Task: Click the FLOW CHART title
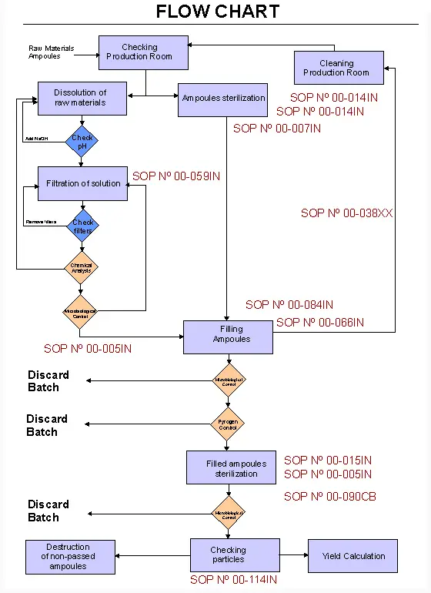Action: pyautogui.click(x=218, y=12)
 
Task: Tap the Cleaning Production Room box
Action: pyautogui.click(x=338, y=68)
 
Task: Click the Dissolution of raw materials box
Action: pyautogui.click(x=82, y=98)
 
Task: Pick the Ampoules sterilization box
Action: pyautogui.click(x=223, y=99)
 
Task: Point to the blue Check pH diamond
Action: pyautogui.click(x=82, y=142)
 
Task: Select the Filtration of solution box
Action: pyautogui.click(x=83, y=184)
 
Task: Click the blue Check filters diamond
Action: pyautogui.click(x=82, y=226)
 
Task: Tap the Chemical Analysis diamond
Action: pyautogui.click(x=82, y=268)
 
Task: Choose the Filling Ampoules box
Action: pyautogui.click(x=228, y=337)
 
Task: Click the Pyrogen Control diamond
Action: pyautogui.click(x=229, y=424)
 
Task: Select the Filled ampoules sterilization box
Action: pyautogui.click(x=231, y=468)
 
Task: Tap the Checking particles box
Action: pyautogui.click(x=229, y=555)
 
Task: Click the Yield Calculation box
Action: pyautogui.click(x=354, y=555)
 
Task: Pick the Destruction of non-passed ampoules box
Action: pyautogui.click(x=69, y=556)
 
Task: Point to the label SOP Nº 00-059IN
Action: pyautogui.click(x=176, y=176)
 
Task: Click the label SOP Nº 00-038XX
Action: pyautogui.click(x=346, y=213)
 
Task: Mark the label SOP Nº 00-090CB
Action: pyautogui.click(x=329, y=497)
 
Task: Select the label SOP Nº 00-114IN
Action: pyautogui.click(x=233, y=580)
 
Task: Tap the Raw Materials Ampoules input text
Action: pyautogui.click(x=52, y=52)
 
